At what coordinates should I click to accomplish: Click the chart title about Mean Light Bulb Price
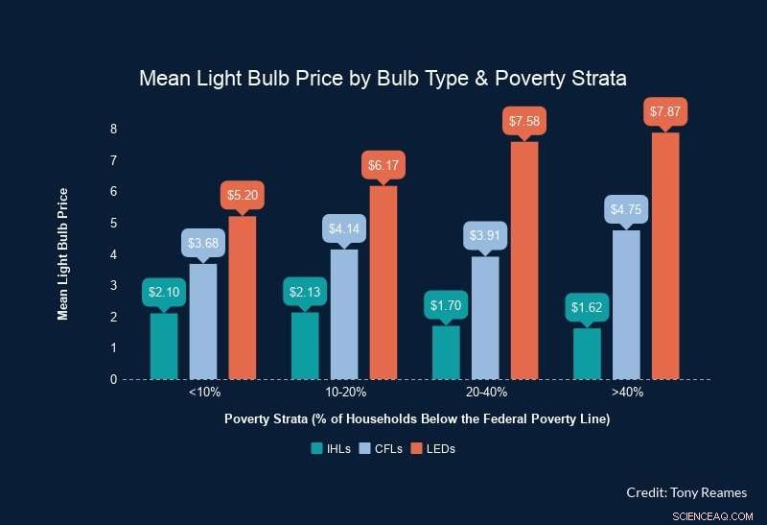(383, 79)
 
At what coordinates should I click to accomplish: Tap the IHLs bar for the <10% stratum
(164, 346)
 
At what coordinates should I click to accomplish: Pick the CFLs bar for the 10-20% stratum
(344, 314)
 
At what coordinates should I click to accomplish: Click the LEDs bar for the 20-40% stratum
(524, 260)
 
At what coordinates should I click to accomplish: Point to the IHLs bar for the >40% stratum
(587, 353)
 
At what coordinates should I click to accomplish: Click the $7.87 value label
(665, 112)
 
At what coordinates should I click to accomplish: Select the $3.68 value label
(203, 243)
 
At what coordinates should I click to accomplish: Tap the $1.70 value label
(446, 306)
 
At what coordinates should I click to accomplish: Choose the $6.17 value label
(383, 165)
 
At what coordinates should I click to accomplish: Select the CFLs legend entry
(382, 448)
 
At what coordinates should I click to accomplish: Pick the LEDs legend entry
(432, 448)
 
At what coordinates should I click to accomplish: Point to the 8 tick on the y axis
(113, 129)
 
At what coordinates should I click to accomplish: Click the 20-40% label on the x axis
(485, 393)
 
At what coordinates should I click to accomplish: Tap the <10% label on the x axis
(203, 393)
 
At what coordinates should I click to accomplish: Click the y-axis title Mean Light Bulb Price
(63, 253)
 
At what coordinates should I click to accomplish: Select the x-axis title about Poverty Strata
(417, 419)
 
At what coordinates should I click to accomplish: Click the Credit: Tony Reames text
(685, 491)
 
